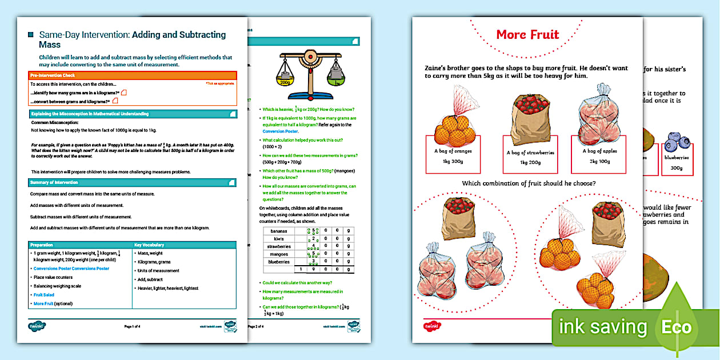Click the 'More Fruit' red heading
pos(527,34)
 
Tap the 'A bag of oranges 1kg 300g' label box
pos(453,155)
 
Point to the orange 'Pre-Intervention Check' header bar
pos(133,75)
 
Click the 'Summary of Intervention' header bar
pos(133,182)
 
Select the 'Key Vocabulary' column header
pos(184,245)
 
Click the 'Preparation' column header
pos(80,245)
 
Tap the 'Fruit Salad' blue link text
pos(44,295)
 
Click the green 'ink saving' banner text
pos(603,327)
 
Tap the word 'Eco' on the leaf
pos(677,327)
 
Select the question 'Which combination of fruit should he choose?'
pos(527,183)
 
